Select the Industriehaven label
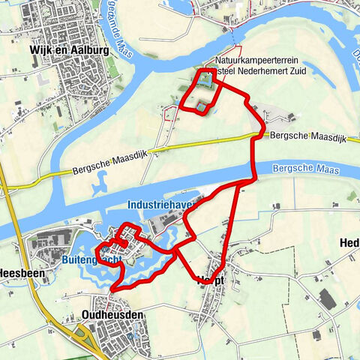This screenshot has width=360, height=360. [157, 204]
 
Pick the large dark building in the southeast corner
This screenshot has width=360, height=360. [327, 299]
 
